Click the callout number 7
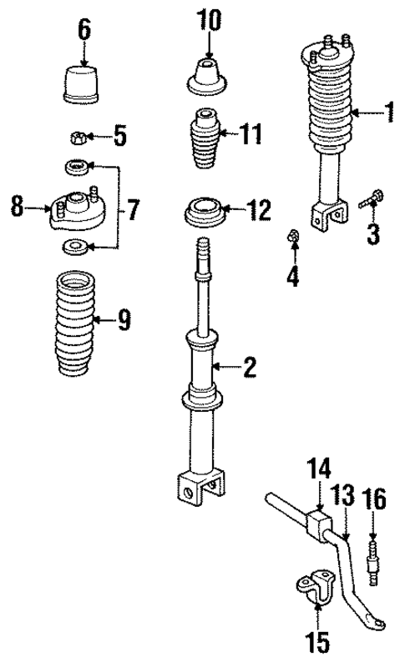133,209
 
